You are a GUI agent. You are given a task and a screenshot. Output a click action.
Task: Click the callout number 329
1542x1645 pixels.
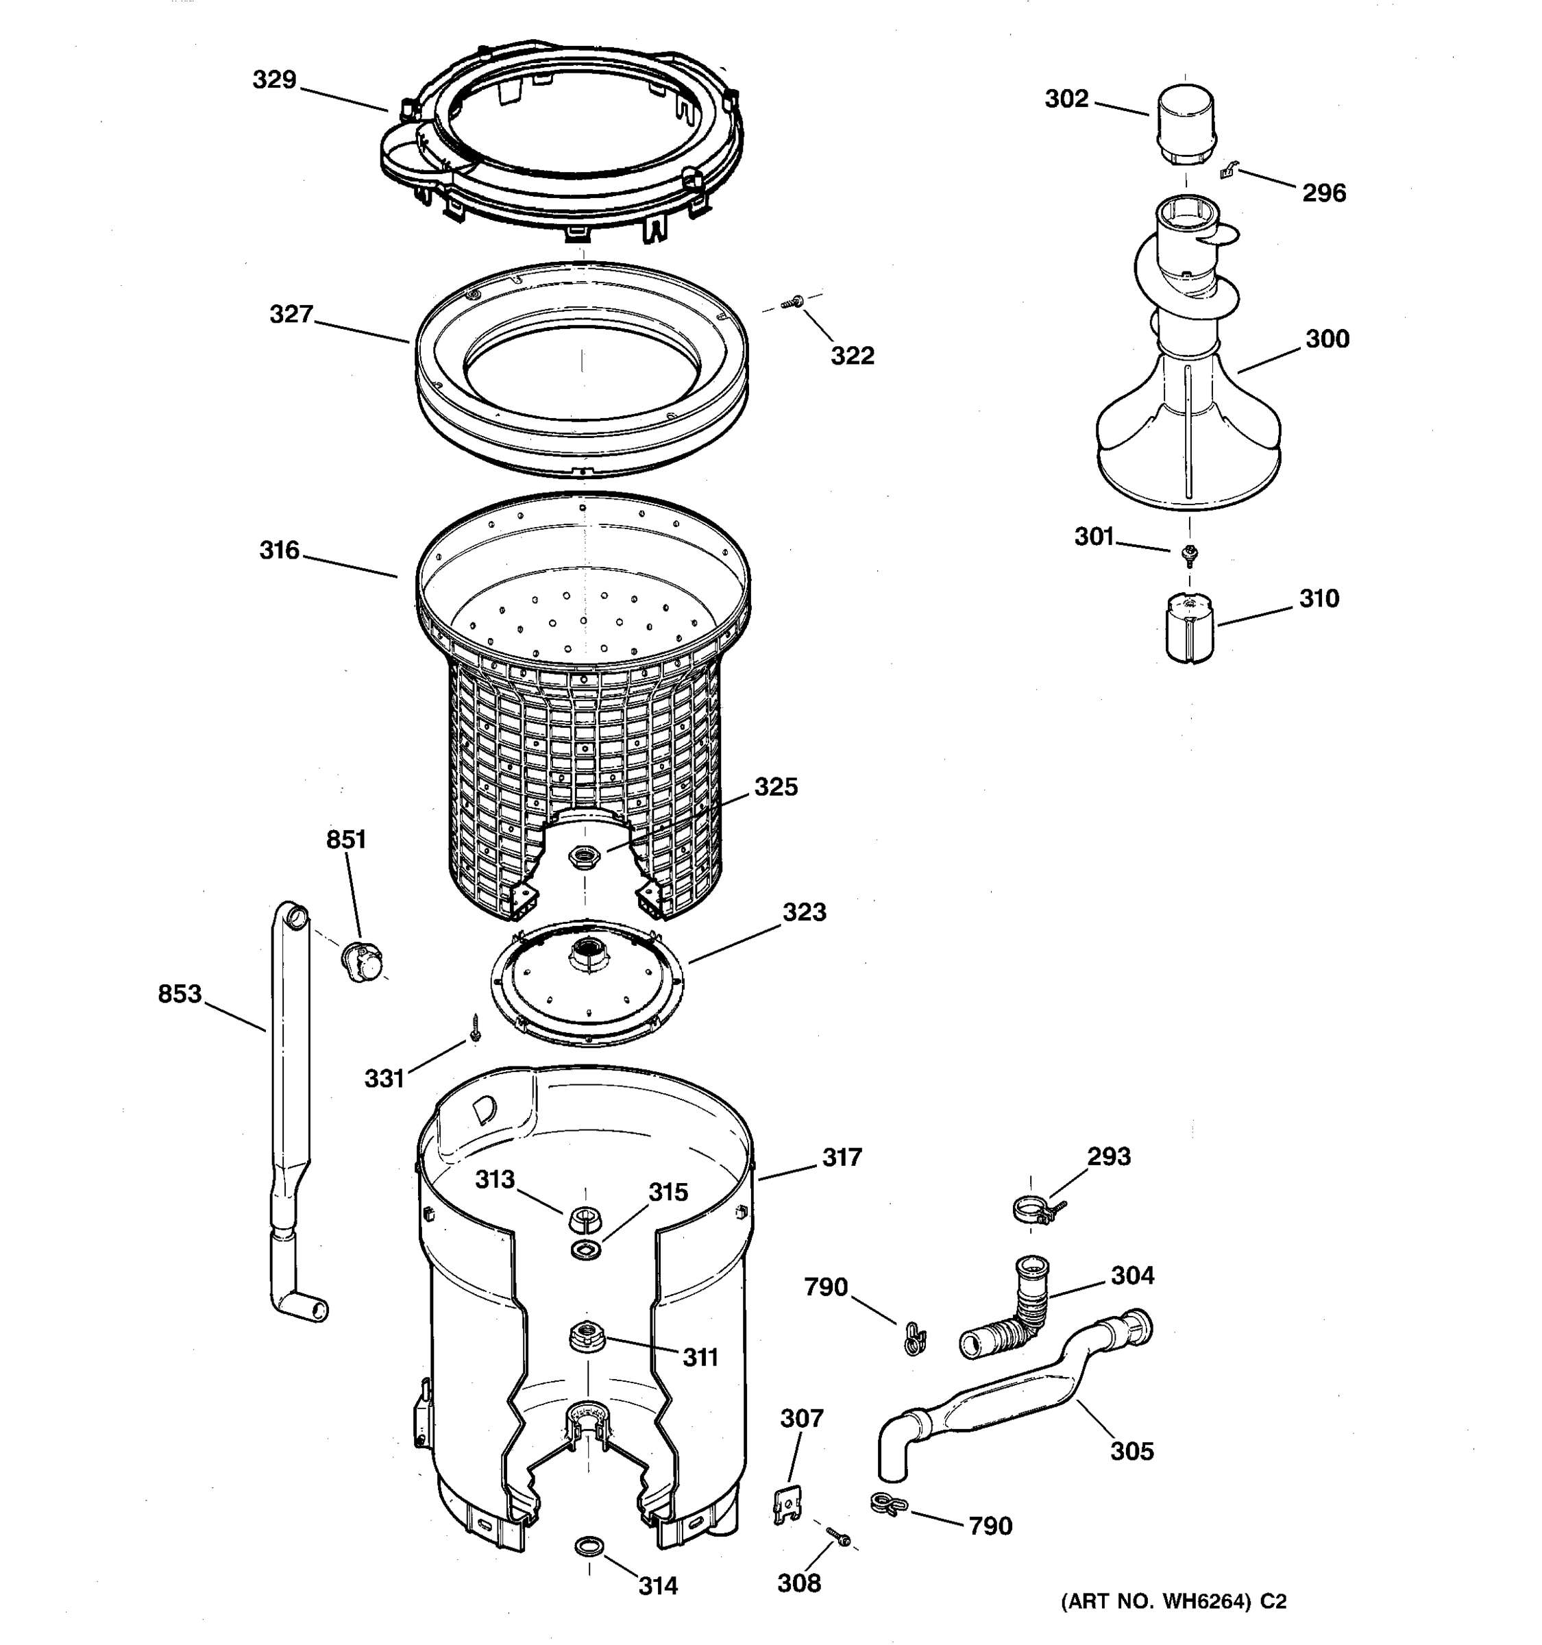coord(274,80)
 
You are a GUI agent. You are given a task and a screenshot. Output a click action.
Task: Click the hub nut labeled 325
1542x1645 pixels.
coord(585,856)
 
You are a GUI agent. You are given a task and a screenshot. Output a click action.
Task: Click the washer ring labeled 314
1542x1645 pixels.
coord(588,1544)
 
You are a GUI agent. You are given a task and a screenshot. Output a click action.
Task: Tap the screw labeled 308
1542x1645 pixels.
coord(838,1537)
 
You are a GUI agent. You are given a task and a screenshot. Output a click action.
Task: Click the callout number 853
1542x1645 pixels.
coord(180,994)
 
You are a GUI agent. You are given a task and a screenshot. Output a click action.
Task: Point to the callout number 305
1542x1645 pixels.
coord(1131,1450)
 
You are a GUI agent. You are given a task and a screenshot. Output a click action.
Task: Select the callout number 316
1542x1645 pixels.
coord(279,550)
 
